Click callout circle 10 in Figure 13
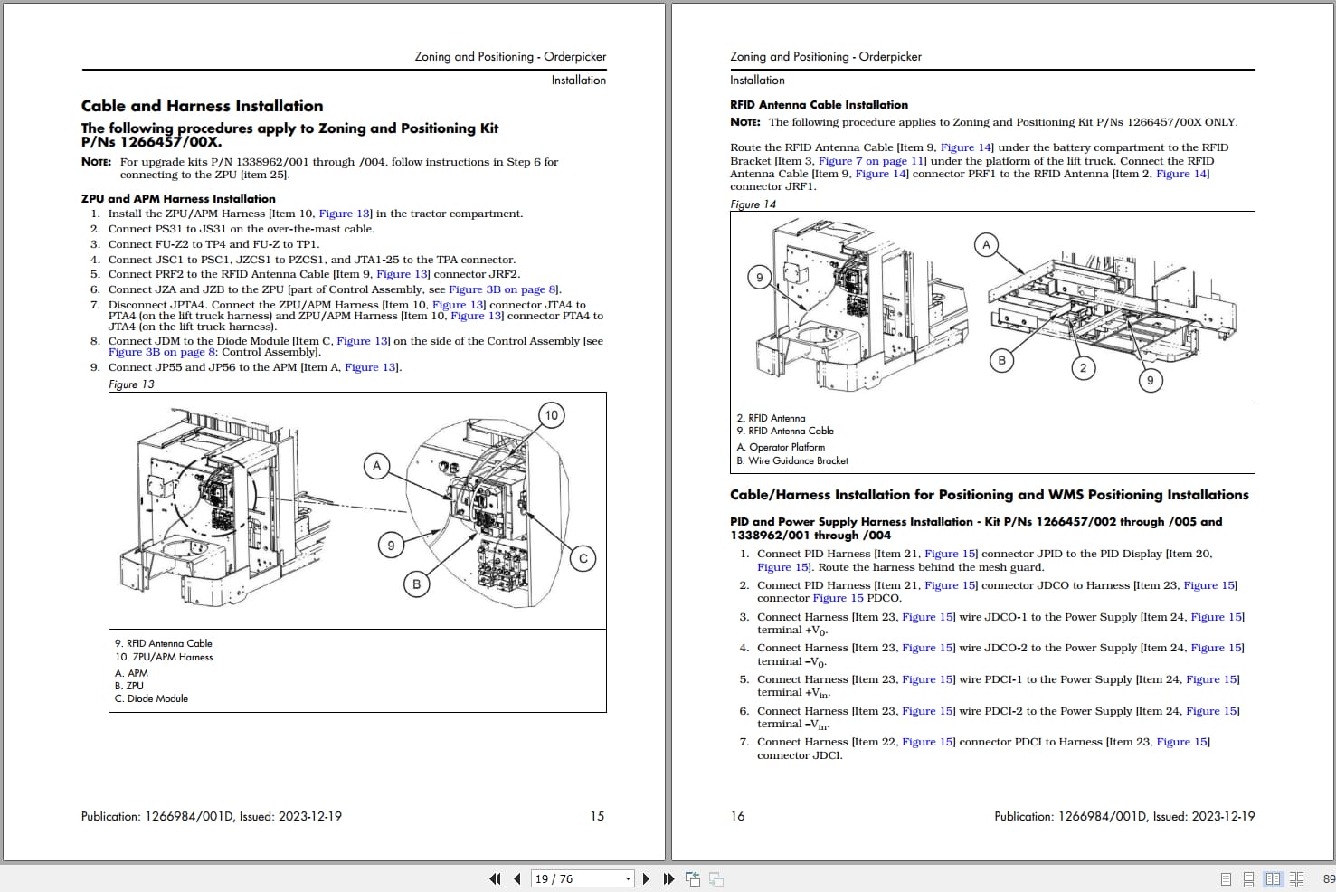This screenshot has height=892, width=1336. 551,415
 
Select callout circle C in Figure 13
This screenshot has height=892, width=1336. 583,558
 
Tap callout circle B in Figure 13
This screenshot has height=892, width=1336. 416,584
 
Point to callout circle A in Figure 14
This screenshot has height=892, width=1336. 987,244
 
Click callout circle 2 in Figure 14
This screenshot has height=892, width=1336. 1083,367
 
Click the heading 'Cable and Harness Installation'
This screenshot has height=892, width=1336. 202,106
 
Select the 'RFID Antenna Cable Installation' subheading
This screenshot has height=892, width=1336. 819,105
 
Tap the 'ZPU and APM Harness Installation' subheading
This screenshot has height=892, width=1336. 178,198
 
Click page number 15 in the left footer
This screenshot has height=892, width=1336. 597,816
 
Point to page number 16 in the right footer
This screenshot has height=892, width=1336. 737,816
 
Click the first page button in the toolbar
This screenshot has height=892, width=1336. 495,878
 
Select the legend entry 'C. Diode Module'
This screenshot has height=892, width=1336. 151,698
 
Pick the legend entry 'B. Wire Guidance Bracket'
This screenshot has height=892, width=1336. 792,460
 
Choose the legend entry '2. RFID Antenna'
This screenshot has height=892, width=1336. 771,418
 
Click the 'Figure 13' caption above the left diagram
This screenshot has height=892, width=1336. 131,384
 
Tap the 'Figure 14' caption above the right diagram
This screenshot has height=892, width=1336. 753,204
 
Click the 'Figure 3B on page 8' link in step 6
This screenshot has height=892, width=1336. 503,289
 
